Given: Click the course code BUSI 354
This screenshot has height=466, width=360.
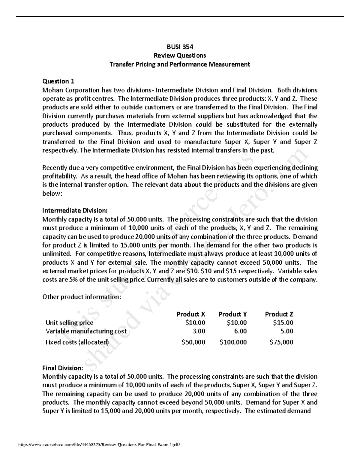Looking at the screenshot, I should [180, 47].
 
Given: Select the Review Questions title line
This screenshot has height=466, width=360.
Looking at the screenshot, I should [180, 56].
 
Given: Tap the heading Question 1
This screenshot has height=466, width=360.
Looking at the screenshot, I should [58, 81].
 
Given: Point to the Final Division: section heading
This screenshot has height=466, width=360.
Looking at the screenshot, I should [62, 368].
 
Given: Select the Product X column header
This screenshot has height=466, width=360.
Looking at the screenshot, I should [191, 314].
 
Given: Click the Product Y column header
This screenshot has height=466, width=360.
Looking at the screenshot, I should [232, 314].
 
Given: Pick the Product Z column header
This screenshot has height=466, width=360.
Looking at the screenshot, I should [279, 314].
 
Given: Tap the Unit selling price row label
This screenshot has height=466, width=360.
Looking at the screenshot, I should [69, 323].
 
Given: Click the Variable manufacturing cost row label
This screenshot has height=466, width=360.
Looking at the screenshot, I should [86, 331].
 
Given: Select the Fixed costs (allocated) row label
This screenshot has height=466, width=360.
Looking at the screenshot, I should [77, 342].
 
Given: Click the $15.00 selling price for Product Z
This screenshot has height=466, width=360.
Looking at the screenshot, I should [283, 323].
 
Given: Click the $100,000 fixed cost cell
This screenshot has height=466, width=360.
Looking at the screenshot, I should [233, 342].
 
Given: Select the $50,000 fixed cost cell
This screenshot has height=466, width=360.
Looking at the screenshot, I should [193, 342].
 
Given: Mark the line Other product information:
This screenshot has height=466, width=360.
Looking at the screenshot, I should [82, 297].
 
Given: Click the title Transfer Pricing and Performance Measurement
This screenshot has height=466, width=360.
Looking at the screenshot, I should [180, 64].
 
